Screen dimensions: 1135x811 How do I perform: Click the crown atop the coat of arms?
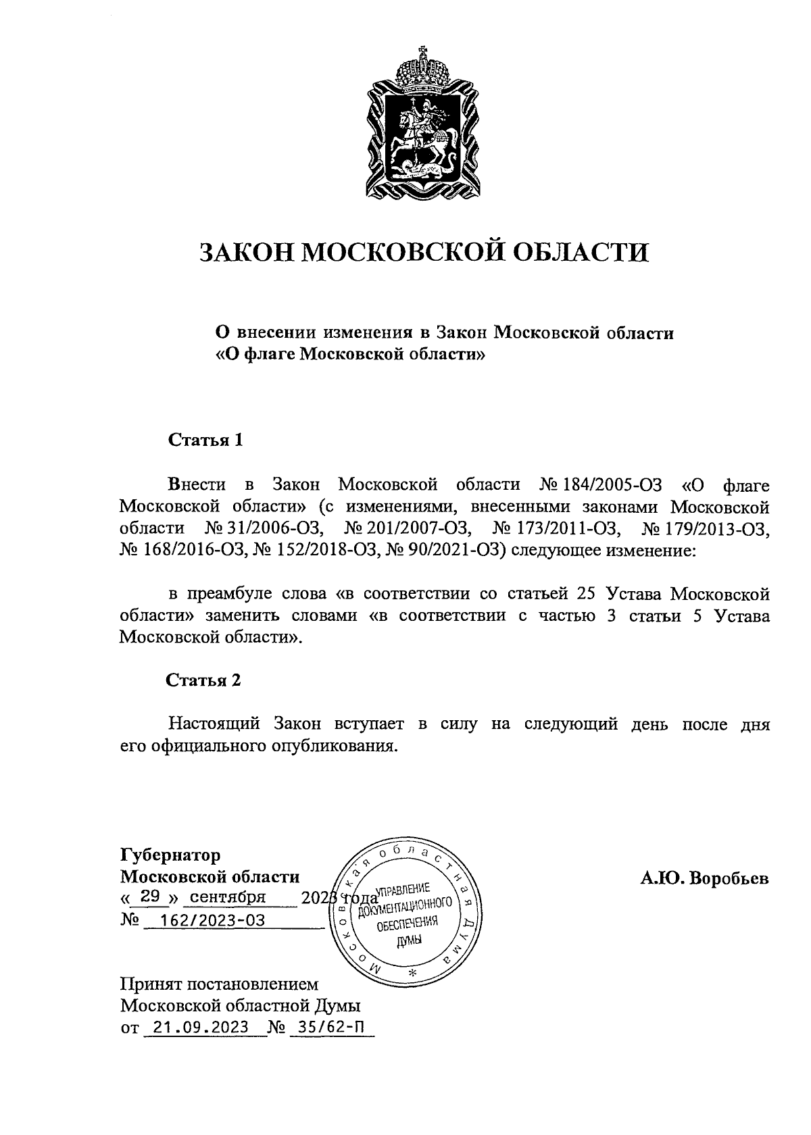click(422, 68)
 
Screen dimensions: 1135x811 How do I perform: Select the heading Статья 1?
click(205, 440)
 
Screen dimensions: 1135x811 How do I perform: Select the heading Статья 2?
click(203, 680)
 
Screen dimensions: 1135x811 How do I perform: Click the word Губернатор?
click(170, 855)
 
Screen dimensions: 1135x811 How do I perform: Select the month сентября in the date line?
click(228, 898)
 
